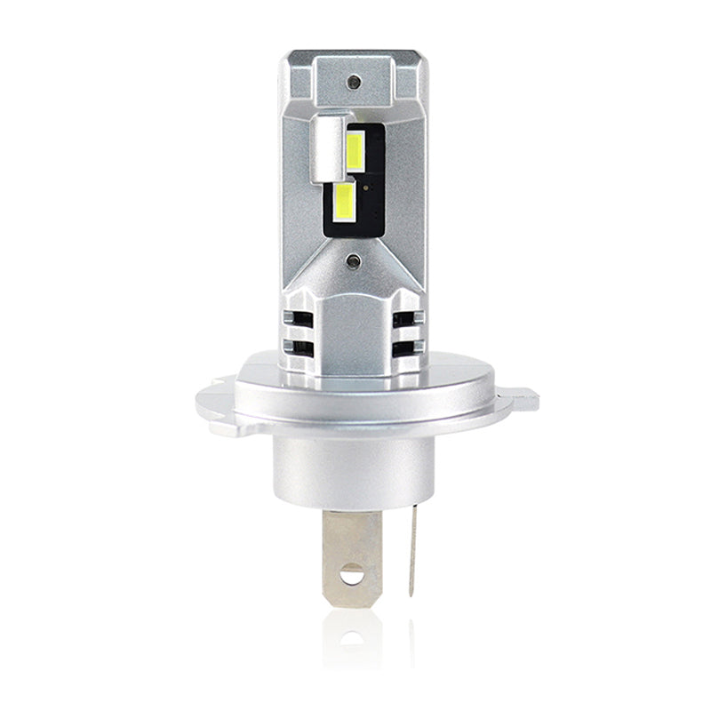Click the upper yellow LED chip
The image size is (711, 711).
pyautogui.click(x=355, y=150)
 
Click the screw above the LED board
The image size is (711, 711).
pyautogui.click(x=355, y=81)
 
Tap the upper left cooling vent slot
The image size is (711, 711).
pyautogui.click(x=300, y=317)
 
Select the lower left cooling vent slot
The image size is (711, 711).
pyautogui.click(x=300, y=347)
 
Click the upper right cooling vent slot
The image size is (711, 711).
pyautogui.click(x=410, y=317)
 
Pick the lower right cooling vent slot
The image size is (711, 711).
pyautogui.click(x=410, y=347)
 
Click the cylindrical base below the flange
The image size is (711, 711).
pyautogui.click(x=355, y=471)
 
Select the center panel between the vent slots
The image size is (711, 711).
pyautogui.click(x=355, y=329)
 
